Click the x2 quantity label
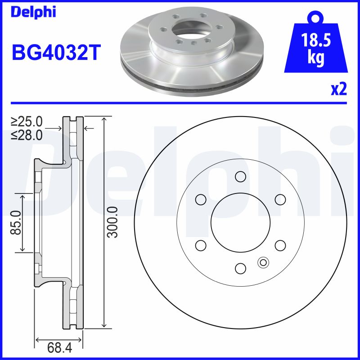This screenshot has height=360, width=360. click(x=338, y=90)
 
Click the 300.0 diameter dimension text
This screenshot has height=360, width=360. click(x=112, y=222)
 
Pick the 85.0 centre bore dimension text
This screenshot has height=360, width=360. click(x=16, y=222)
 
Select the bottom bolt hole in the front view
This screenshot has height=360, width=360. click(x=240, y=268)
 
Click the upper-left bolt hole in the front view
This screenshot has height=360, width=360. click(x=200, y=199)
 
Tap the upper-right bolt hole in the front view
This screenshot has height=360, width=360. click(x=280, y=199)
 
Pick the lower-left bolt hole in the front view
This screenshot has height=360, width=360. click(x=200, y=245)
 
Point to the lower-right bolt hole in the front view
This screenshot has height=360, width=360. click(x=280, y=245)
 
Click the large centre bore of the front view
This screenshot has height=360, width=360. click(x=240, y=222)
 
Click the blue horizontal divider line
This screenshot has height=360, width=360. click(x=180, y=103)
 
